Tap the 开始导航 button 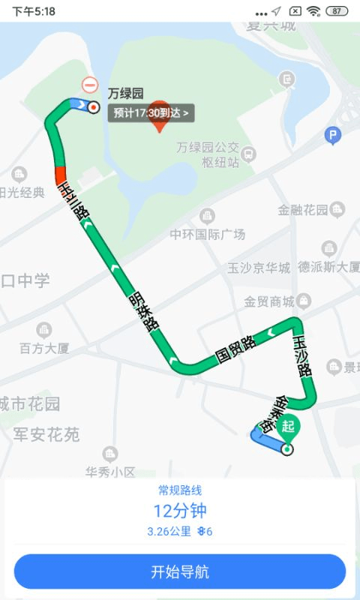point(180,571)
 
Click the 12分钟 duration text point(180,511)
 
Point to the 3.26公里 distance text point(169,532)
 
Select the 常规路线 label point(180,490)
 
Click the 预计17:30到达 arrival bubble point(152,113)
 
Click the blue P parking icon point(332,136)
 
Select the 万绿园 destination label point(125,94)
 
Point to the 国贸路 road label point(235,349)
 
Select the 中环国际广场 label point(207,235)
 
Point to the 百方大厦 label point(44,348)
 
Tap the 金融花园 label point(303,210)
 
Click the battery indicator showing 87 point(337,11)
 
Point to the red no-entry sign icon point(90,85)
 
